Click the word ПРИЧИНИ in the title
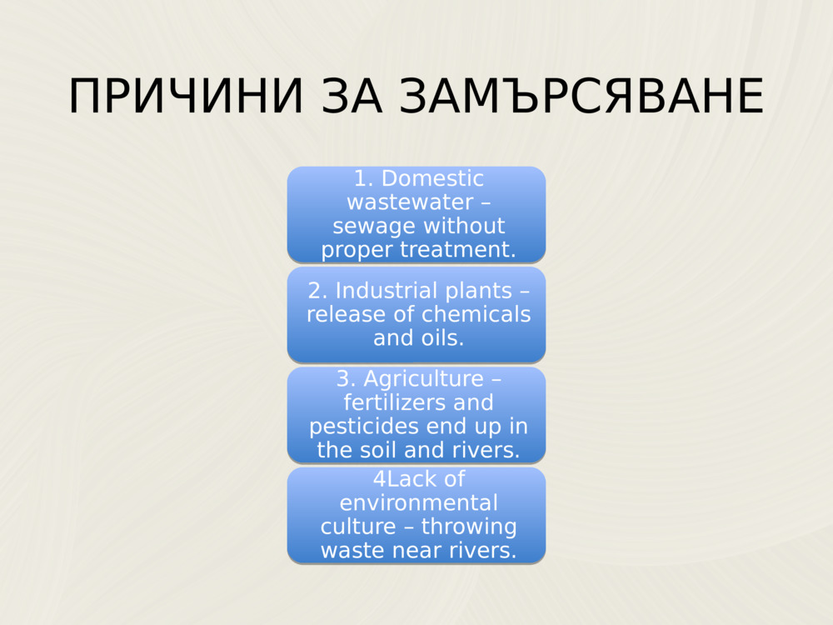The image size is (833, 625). click(x=186, y=97)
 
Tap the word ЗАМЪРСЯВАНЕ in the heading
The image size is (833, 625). click(x=581, y=97)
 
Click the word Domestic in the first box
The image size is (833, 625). click(x=432, y=179)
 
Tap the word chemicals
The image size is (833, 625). click(x=476, y=314)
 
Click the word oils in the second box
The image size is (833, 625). click(x=440, y=337)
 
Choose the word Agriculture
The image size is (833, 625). click(x=423, y=379)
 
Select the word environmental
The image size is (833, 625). click(x=418, y=503)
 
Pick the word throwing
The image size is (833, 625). click(x=469, y=527)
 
